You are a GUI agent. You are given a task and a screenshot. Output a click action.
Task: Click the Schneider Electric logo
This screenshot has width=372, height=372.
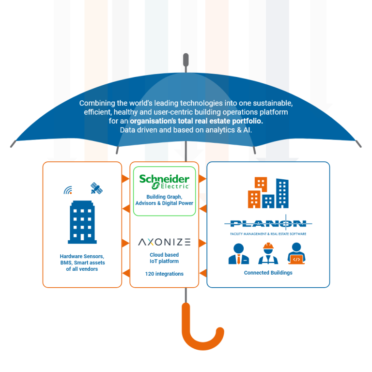pyautogui.click(x=164, y=182)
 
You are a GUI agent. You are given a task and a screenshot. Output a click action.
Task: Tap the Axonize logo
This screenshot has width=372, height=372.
pyautogui.click(x=164, y=242)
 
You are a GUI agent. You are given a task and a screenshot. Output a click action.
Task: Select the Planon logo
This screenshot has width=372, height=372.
pyautogui.click(x=268, y=223)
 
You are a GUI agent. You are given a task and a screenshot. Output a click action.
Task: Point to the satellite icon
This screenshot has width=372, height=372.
pyautogui.click(x=96, y=188)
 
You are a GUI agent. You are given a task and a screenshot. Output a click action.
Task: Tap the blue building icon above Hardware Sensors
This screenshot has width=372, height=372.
pyautogui.click(x=82, y=222)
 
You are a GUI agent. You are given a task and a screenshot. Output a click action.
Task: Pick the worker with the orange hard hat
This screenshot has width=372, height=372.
pyautogui.click(x=268, y=253)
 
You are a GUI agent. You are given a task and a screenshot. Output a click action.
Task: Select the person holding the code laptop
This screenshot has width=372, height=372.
pyautogui.click(x=296, y=253)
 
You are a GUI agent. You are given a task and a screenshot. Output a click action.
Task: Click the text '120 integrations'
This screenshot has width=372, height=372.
pyautogui.click(x=164, y=274)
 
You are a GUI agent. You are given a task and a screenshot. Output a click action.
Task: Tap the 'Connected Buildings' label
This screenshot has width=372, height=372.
pyautogui.click(x=268, y=273)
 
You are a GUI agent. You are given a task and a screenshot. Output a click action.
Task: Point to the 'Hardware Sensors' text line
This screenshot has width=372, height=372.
pyautogui.click(x=82, y=256)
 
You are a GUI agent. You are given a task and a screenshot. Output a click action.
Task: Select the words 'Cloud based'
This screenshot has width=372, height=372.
pyautogui.click(x=164, y=255)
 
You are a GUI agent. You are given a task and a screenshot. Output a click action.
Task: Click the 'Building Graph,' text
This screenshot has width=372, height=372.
pyautogui.click(x=164, y=197)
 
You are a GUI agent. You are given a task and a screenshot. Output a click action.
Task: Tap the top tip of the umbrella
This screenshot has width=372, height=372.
pyautogui.click(x=186, y=58)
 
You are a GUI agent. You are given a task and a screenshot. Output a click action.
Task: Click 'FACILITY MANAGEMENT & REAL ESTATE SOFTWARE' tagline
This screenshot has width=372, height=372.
pyautogui.click(x=268, y=233)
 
